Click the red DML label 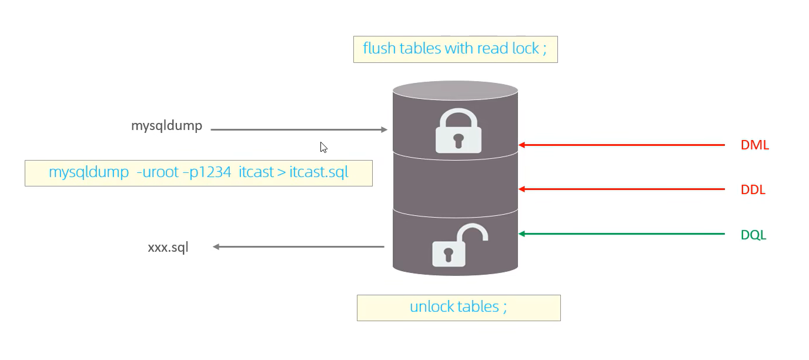(754, 145)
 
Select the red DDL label (753, 189)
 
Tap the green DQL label (753, 235)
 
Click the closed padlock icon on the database (459, 131)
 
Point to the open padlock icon (459, 246)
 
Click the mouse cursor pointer (323, 147)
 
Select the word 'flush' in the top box (379, 48)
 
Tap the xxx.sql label (168, 248)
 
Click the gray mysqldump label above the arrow (166, 126)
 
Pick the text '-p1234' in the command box (206, 172)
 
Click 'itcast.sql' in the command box (319, 172)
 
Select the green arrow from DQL (621, 234)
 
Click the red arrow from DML (621, 145)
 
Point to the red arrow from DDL (621, 189)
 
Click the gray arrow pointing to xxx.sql (299, 247)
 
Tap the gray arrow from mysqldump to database (299, 129)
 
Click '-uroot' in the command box (158, 172)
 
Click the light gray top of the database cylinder (456, 91)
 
